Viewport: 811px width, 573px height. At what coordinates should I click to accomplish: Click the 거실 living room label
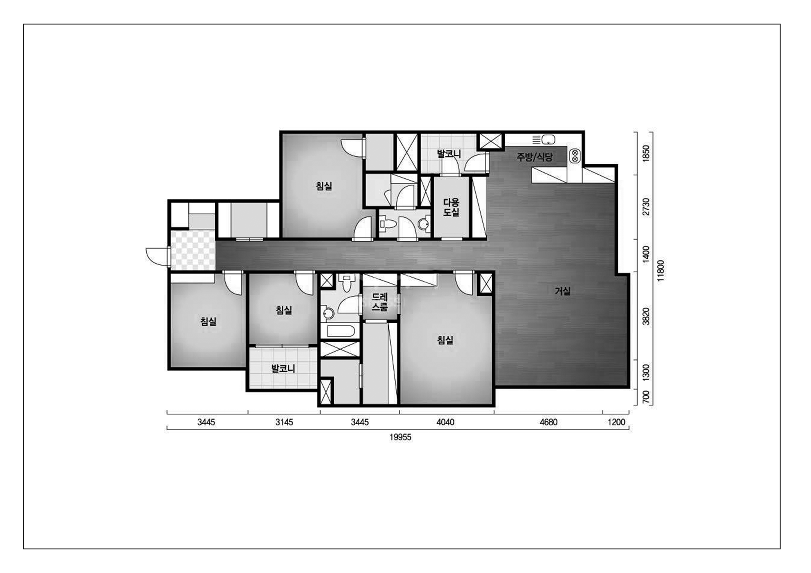click(x=562, y=291)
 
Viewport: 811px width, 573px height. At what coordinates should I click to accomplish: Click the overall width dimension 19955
click(x=401, y=437)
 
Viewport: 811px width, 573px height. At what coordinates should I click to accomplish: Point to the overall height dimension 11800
click(x=661, y=270)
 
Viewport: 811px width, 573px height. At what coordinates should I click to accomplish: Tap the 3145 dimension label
click(x=284, y=422)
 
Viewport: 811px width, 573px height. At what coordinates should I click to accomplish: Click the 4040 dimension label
click(x=445, y=422)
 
